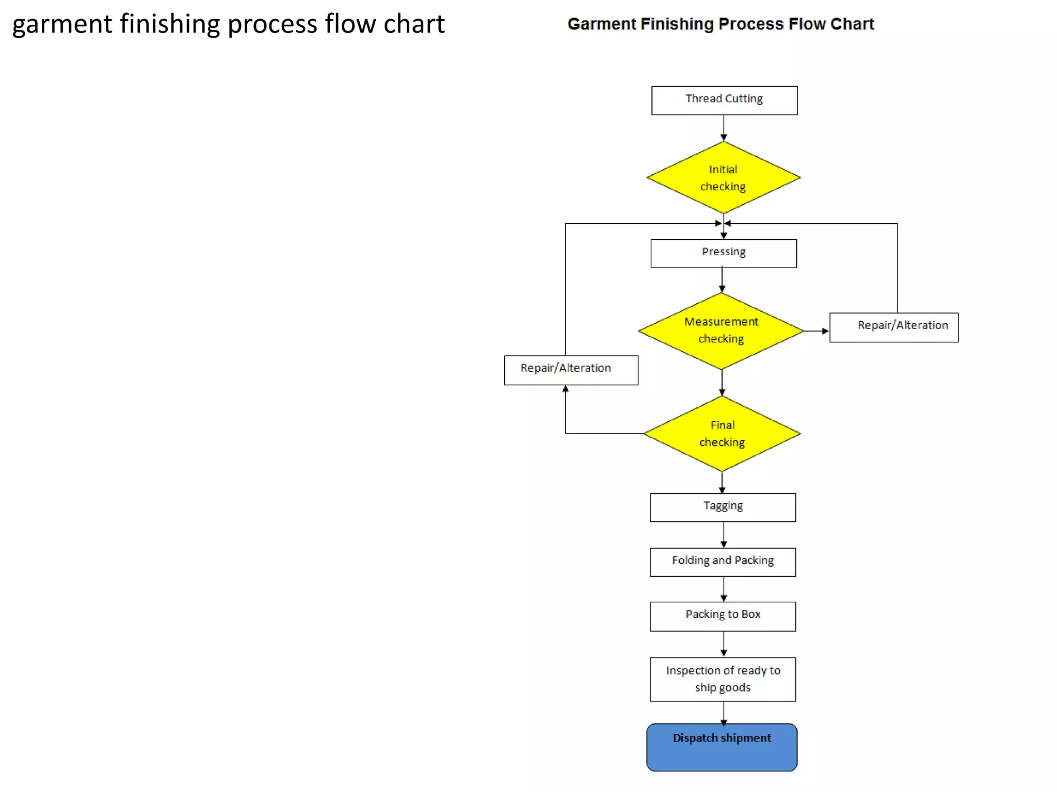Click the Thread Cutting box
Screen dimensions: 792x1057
(724, 100)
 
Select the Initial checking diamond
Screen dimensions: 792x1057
(723, 177)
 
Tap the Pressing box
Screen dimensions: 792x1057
(723, 253)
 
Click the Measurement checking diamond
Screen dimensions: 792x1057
(721, 331)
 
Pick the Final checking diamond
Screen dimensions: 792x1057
(722, 434)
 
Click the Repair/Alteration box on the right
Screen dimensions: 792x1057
(893, 327)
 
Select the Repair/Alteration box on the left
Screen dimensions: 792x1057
(571, 370)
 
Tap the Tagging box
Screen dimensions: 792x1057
(723, 507)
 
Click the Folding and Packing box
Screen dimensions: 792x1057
(723, 562)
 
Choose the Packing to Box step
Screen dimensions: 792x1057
(723, 616)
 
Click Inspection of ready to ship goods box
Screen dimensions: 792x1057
(723, 679)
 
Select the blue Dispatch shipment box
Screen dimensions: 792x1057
(722, 747)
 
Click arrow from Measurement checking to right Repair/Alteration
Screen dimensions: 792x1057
(817, 331)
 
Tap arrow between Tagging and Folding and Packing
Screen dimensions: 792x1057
(724, 535)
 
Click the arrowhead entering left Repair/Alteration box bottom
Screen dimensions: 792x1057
(566, 389)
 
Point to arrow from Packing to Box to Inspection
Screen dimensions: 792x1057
(724, 644)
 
